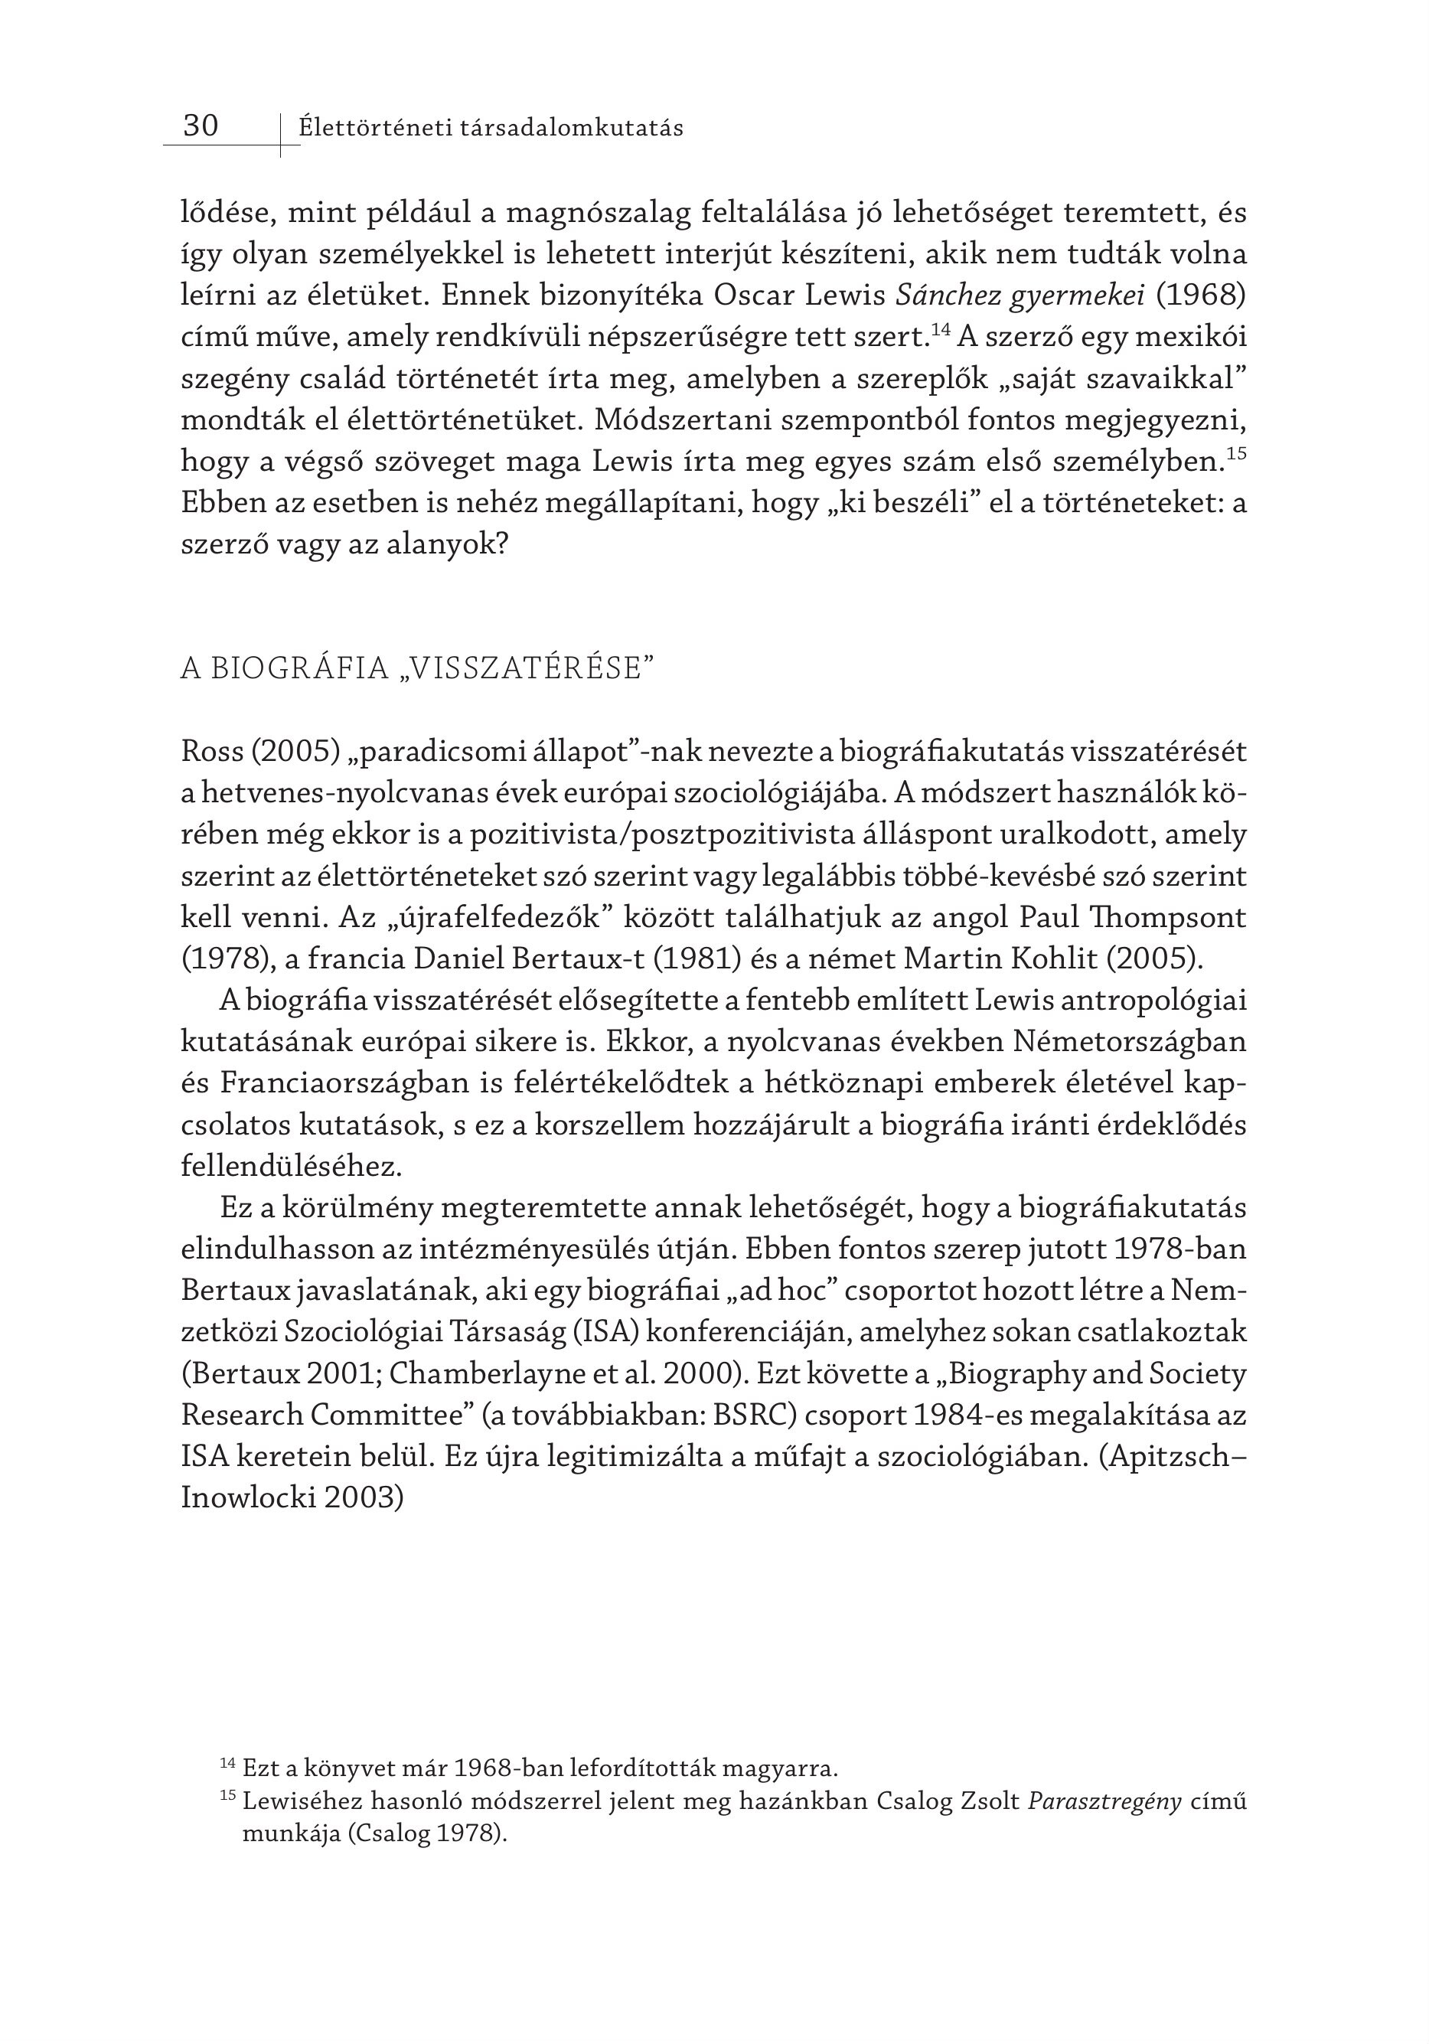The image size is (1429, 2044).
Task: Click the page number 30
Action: pos(201,126)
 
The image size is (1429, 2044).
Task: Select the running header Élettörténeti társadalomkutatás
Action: pos(491,128)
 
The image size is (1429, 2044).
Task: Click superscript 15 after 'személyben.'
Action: pos(1236,454)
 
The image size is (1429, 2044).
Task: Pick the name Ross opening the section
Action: pos(212,753)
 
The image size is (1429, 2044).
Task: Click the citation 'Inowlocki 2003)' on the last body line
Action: pos(292,1498)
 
